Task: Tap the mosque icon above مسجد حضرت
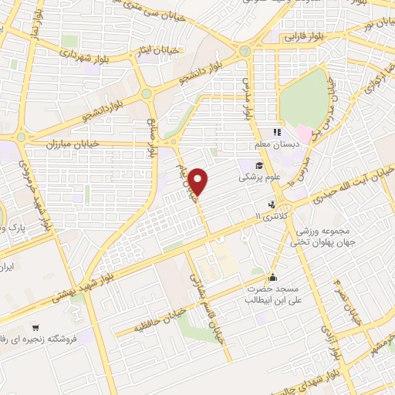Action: coord(272,278)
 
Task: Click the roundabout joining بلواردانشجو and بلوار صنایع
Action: coord(146,94)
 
